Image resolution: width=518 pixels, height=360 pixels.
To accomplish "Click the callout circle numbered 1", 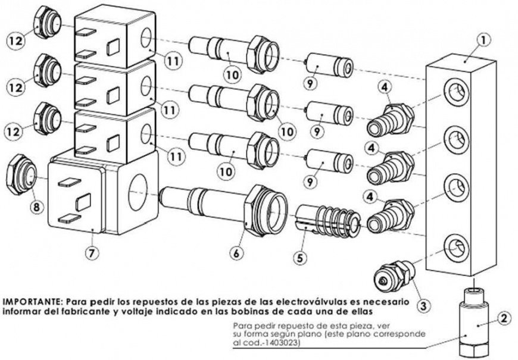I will point(484,40).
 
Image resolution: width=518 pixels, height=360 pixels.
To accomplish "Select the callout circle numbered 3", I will point(423,306).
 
